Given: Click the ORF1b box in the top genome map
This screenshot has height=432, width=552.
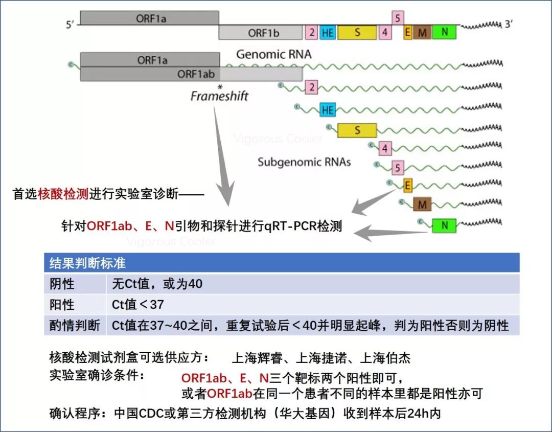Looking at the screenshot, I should (261, 33).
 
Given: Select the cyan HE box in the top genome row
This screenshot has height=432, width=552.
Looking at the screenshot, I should (328, 33).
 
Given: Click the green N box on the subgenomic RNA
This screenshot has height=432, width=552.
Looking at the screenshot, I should (444, 224).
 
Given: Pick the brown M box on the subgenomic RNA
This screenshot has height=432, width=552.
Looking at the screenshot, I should (422, 204).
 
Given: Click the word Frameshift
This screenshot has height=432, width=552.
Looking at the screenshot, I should (219, 96).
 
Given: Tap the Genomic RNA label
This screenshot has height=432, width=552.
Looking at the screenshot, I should (273, 54).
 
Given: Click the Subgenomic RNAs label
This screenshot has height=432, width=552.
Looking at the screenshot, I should (304, 163).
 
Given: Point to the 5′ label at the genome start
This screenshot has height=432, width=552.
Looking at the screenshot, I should (71, 25).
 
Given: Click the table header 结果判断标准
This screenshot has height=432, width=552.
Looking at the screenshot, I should (87, 263).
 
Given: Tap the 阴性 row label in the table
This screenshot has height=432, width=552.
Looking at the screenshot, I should (62, 284).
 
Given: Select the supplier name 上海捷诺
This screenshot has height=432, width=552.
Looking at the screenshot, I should (321, 358).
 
